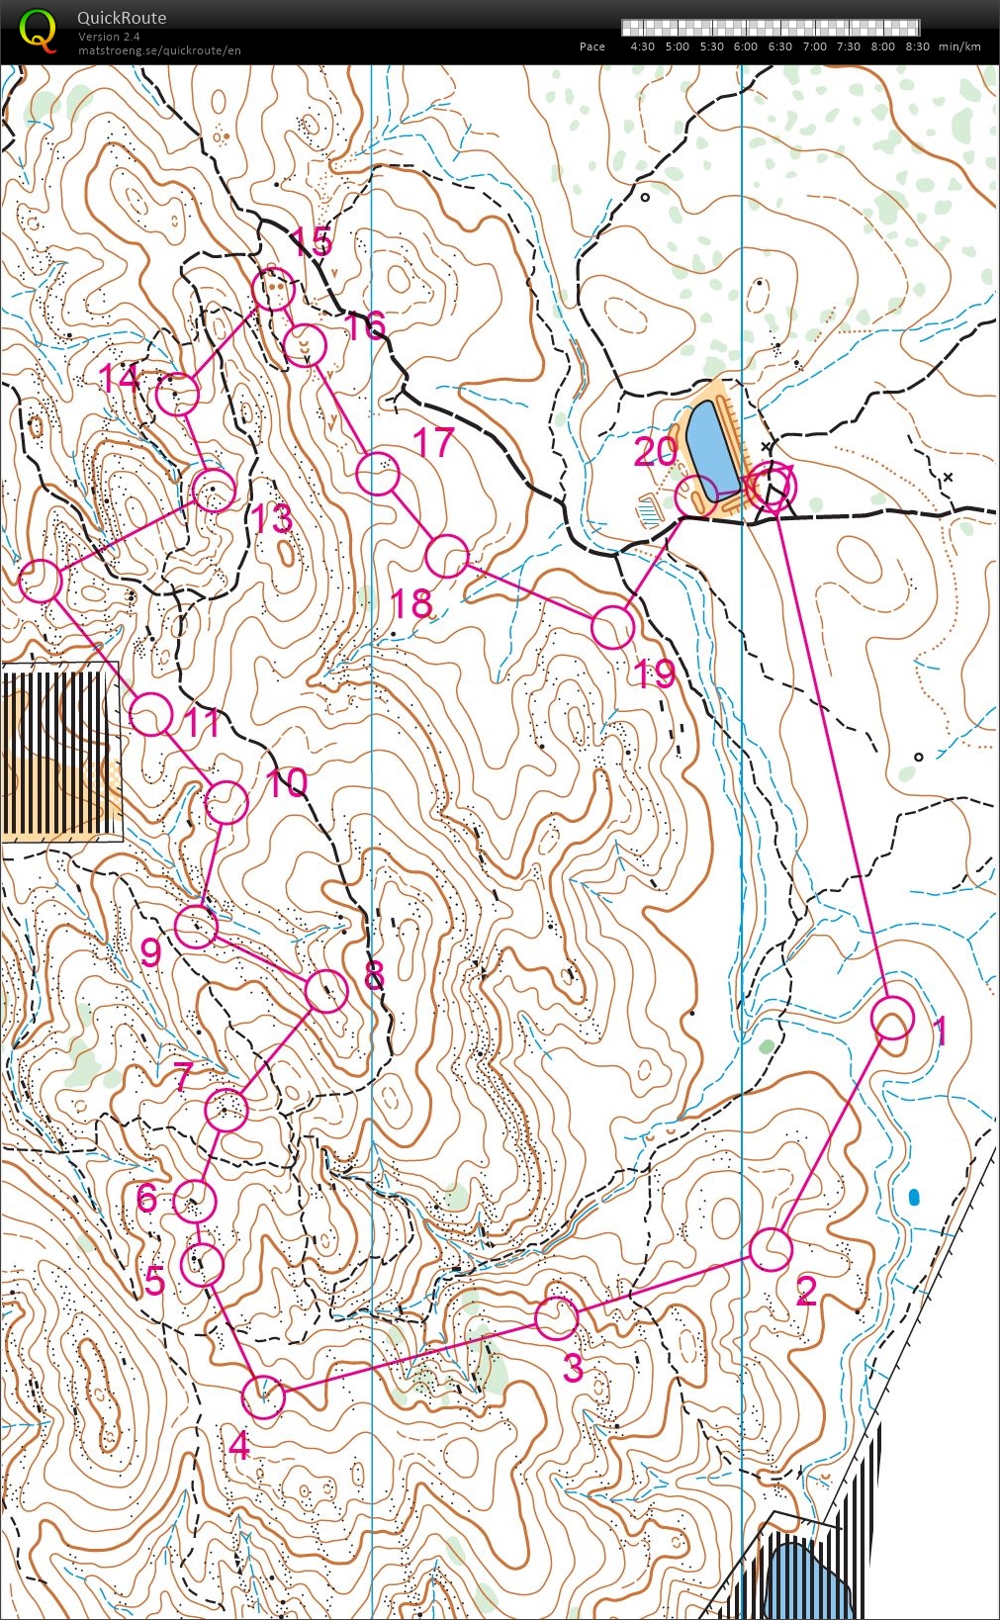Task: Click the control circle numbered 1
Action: pyautogui.click(x=892, y=1019)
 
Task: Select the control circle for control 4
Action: pyautogui.click(x=263, y=1397)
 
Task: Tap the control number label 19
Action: pyautogui.click(x=655, y=675)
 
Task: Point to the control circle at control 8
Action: pyautogui.click(x=326, y=991)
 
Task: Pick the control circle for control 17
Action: pyautogui.click(x=377, y=474)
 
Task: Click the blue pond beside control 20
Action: pyautogui.click(x=711, y=451)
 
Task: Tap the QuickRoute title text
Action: pyautogui.click(x=122, y=18)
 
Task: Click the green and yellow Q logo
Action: pyautogui.click(x=38, y=29)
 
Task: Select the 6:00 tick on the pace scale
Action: pyautogui.click(x=746, y=46)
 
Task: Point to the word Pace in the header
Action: pyautogui.click(x=591, y=46)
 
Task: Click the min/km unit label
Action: pyautogui.click(x=959, y=46)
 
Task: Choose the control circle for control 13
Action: pyautogui.click(x=214, y=491)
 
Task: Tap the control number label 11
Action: pyautogui.click(x=202, y=724)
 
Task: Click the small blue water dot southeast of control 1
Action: pyautogui.click(x=914, y=1198)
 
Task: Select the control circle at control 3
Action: pyautogui.click(x=556, y=1317)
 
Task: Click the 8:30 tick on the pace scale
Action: pyautogui.click(x=917, y=46)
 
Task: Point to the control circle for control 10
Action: pyautogui.click(x=226, y=802)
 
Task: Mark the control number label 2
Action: pyautogui.click(x=806, y=1291)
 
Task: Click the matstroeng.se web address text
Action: pyautogui.click(x=159, y=50)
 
